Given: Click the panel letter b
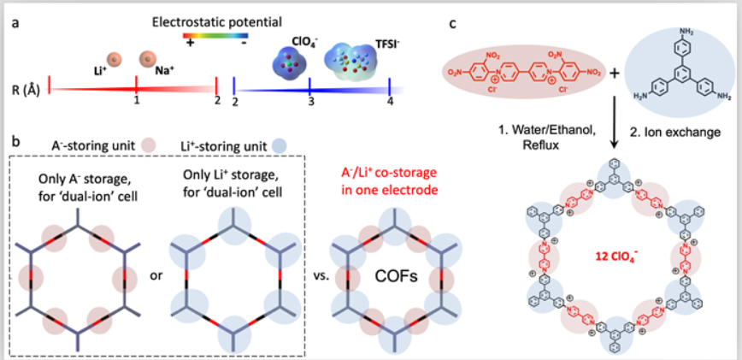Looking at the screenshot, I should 15,139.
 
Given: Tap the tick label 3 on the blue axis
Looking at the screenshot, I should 311,102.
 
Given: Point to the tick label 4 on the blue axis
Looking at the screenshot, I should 390,102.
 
